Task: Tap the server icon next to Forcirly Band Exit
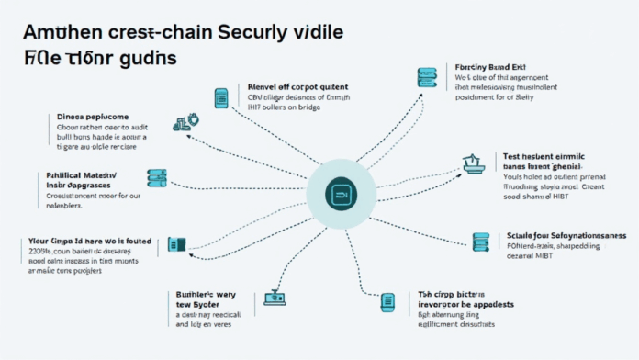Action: tap(426, 79)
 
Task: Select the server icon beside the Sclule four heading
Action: tap(479, 242)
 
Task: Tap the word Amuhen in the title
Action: tap(55, 30)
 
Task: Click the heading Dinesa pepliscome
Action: tap(88, 118)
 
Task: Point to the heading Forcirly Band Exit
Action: tap(493, 68)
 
